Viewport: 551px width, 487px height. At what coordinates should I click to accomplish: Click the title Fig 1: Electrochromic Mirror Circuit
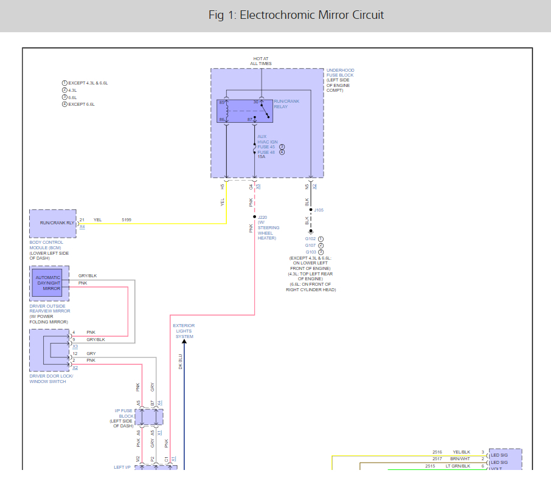296,15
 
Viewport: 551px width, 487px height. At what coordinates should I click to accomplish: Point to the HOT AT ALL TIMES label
261,61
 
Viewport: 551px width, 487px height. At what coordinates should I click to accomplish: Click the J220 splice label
263,217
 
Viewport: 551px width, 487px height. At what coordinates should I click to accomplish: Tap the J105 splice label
319,210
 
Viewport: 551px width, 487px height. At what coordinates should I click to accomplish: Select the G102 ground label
311,239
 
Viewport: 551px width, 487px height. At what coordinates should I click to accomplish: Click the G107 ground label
311,245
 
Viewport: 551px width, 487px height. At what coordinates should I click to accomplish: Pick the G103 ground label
311,252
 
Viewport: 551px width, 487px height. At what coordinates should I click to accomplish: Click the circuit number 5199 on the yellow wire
126,219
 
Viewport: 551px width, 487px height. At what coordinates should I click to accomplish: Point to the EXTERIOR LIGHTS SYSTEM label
184,331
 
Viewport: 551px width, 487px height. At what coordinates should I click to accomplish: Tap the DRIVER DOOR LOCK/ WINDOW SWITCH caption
51,379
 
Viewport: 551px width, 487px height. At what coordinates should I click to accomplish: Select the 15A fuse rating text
262,157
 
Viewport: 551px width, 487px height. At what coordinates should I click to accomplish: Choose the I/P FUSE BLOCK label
123,417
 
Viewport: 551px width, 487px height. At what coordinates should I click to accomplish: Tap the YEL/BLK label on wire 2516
460,452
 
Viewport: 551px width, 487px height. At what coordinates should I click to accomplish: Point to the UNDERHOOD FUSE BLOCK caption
340,80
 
